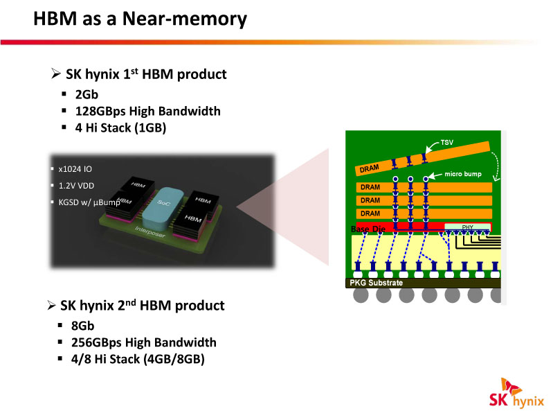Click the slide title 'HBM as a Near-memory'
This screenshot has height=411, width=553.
point(140,19)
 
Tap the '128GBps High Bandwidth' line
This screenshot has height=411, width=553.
point(147,111)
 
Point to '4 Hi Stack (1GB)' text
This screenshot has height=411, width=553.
point(120,128)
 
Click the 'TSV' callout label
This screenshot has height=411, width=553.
point(448,143)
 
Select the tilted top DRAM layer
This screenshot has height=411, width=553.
point(422,159)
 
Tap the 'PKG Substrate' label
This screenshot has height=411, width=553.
point(374,283)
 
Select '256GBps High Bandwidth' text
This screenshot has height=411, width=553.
point(143,342)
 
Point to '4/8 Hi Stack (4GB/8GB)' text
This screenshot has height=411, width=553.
point(138,359)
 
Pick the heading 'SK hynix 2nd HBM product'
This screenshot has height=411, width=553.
point(142,305)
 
